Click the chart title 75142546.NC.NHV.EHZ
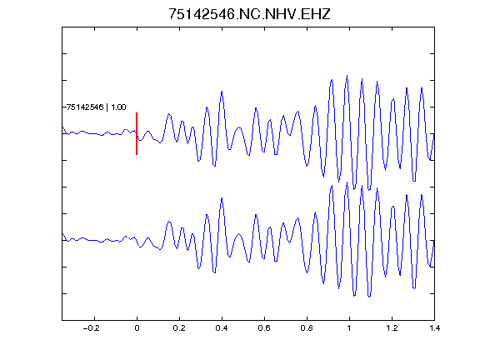point(249,14)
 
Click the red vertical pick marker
point(137,133)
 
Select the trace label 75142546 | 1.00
point(97,107)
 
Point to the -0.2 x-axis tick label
point(92,328)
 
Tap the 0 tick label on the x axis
point(137,328)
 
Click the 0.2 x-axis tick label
point(179,328)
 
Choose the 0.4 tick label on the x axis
point(222,328)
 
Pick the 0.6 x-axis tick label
point(264,328)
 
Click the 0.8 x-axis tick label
point(307,328)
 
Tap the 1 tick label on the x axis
point(349,328)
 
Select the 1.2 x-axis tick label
point(392,328)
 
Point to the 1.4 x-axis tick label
point(434,328)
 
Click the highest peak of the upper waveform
point(347,76)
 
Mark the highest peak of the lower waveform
point(347,182)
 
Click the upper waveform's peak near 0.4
point(222,91)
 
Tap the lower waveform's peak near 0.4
point(222,198)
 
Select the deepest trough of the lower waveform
point(369,297)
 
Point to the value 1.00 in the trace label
point(118,107)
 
